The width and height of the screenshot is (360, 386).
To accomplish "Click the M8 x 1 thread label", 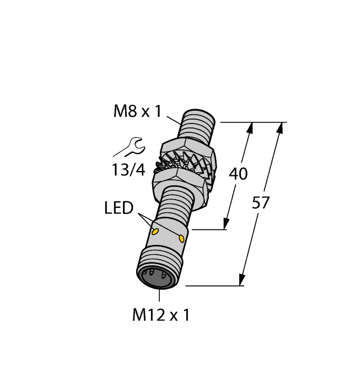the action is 137,111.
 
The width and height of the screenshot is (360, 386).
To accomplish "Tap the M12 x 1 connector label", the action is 161,315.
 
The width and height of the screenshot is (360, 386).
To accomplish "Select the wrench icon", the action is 130,147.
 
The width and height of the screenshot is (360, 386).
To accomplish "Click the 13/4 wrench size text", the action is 128,170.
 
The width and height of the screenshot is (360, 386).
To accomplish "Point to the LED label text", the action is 119,208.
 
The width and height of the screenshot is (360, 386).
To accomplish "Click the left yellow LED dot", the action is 155,232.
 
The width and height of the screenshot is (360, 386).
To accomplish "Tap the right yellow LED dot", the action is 181,239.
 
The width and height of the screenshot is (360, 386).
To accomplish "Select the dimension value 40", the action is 238,174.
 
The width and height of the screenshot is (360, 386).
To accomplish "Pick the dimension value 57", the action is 261,203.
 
